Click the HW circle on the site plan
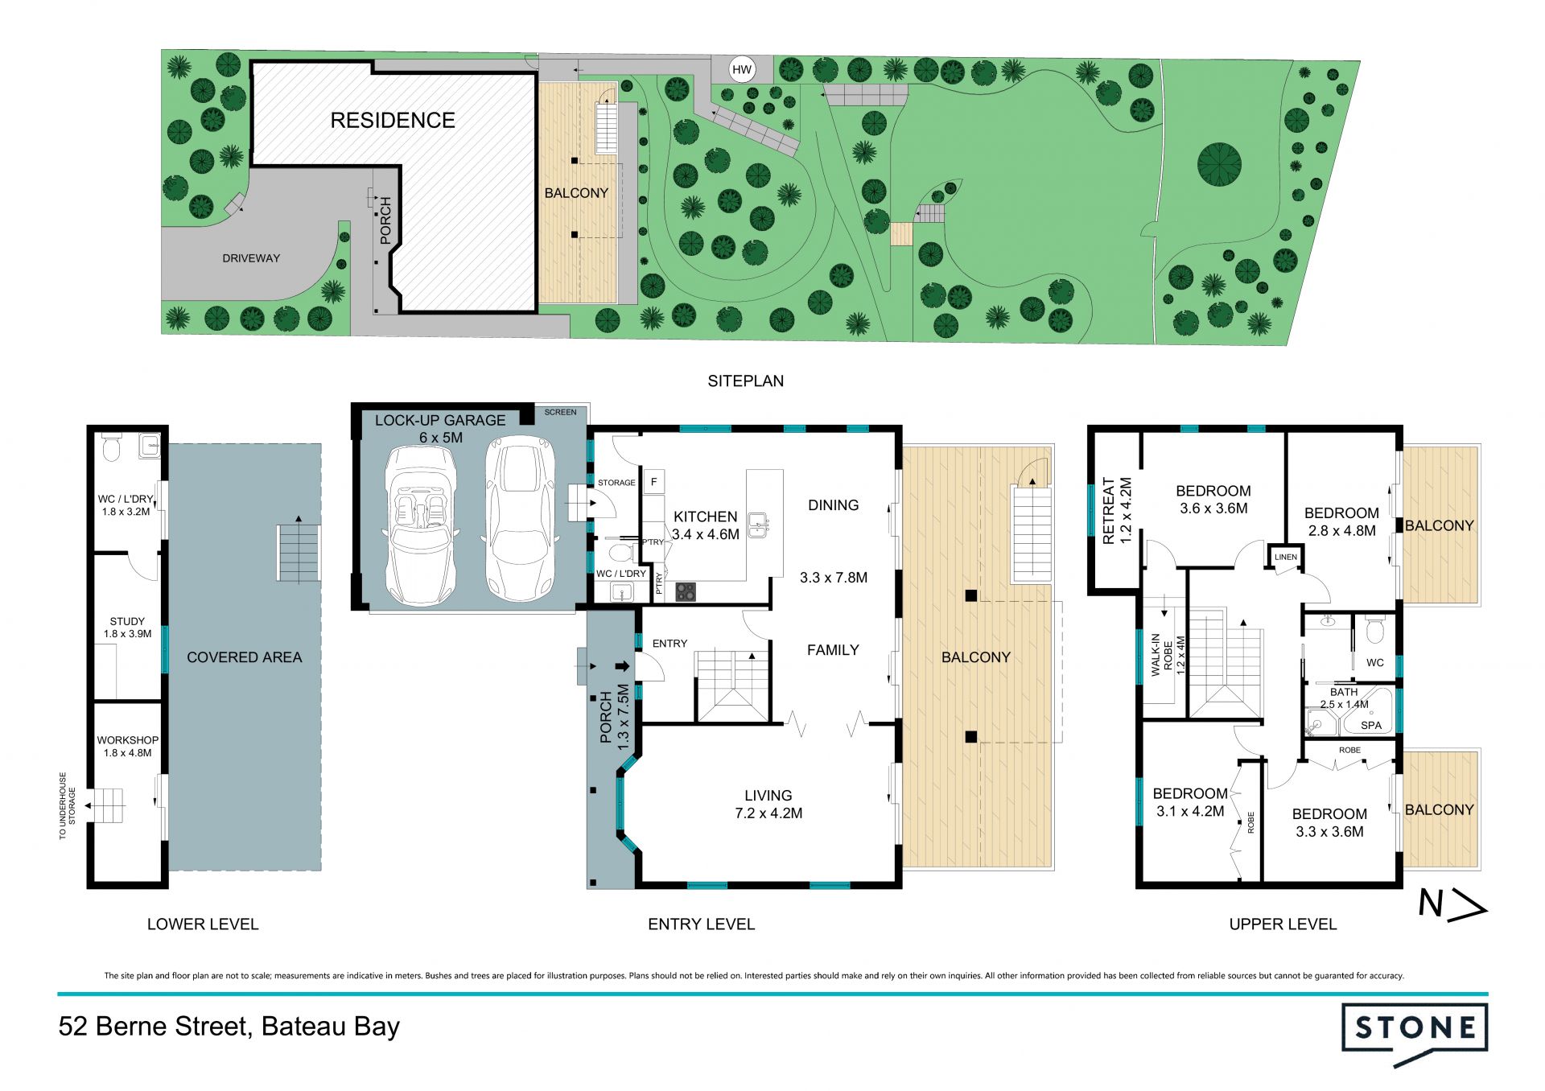click(x=742, y=70)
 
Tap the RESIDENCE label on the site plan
click(x=393, y=121)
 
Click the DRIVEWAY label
click(x=251, y=258)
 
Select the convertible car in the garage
click(x=420, y=525)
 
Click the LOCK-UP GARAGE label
click(x=440, y=420)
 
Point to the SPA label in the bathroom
click(x=1371, y=725)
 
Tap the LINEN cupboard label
click(x=1286, y=557)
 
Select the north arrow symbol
click(x=1452, y=905)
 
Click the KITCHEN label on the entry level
click(x=705, y=517)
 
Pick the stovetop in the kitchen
click(x=686, y=591)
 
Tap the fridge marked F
click(x=653, y=482)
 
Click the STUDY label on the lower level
click(x=127, y=621)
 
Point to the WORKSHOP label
click(x=127, y=740)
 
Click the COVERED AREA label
click(x=245, y=657)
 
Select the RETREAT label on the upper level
click(x=1107, y=511)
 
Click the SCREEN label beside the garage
click(x=560, y=412)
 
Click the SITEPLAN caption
click(x=746, y=381)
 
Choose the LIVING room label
click(x=768, y=796)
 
